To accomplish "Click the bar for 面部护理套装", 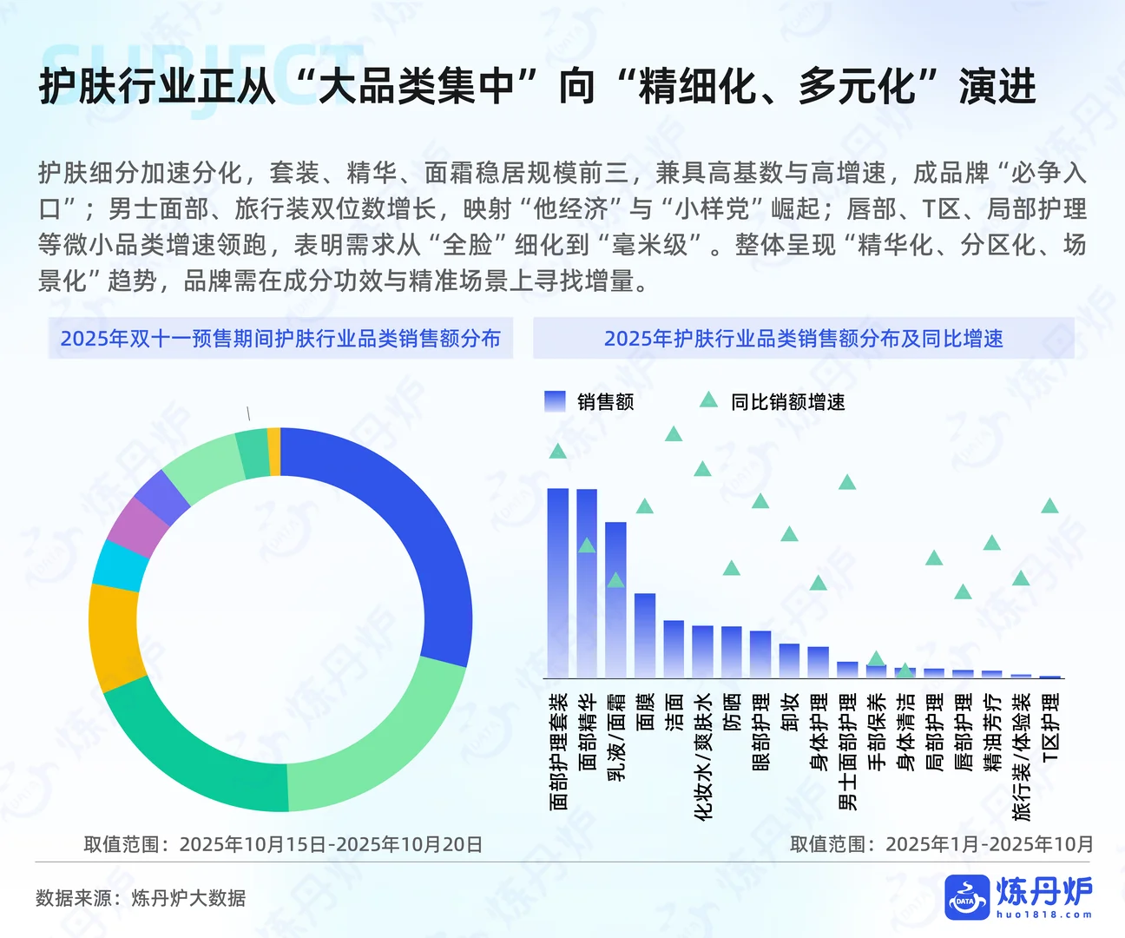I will (x=557, y=582).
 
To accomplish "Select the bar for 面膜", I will (x=645, y=635).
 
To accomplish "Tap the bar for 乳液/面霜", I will (x=615, y=599).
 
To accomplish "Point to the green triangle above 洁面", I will (x=674, y=434).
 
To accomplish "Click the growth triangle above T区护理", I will (x=1049, y=506).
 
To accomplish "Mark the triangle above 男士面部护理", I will (x=847, y=483).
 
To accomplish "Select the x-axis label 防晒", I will (x=732, y=711).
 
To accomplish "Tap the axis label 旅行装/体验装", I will (x=1022, y=756).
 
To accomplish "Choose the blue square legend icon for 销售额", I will (x=555, y=401).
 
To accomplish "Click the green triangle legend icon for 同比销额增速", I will (x=708, y=400).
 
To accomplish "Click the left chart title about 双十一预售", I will (x=280, y=339).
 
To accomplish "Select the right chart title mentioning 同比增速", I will (x=803, y=339).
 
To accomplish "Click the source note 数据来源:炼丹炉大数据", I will (x=141, y=898).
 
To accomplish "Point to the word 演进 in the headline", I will (x=997, y=87).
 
